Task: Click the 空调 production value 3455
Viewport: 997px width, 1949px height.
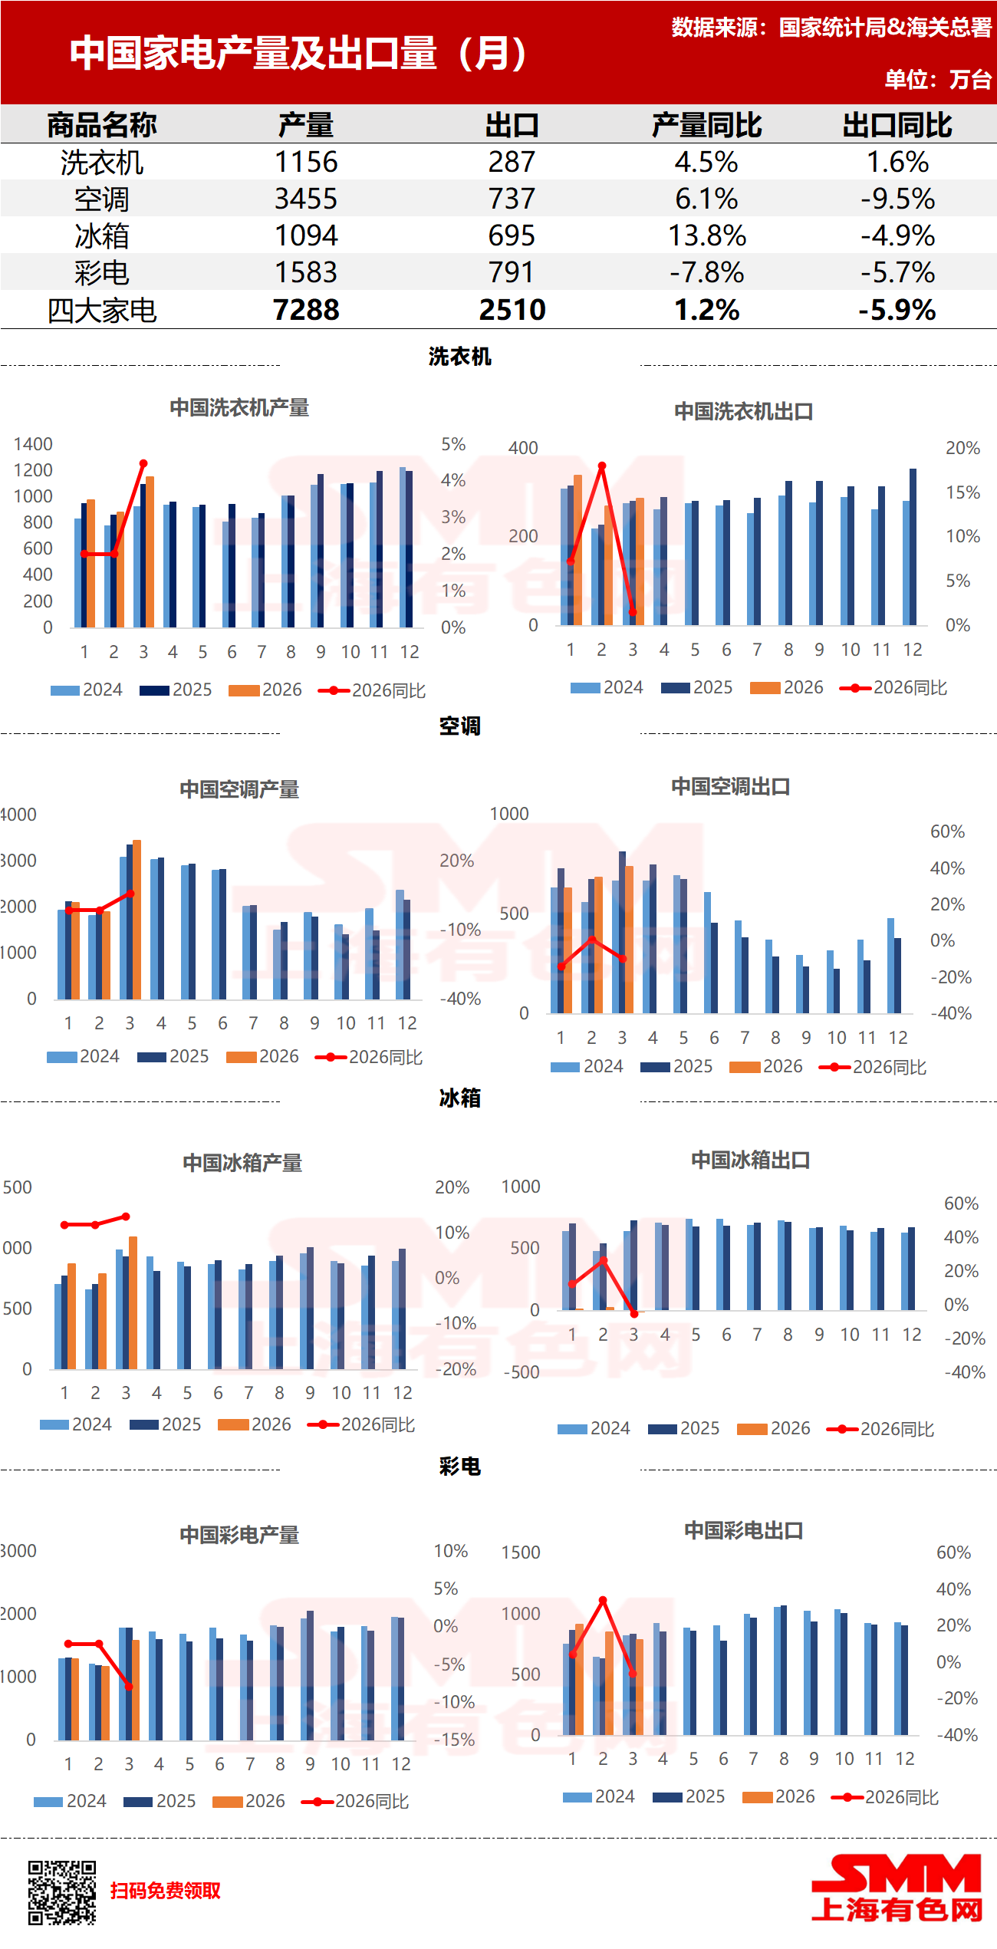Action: (306, 199)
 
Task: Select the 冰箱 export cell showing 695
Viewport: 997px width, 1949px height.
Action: (512, 235)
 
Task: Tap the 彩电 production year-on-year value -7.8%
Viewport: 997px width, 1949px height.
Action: (706, 272)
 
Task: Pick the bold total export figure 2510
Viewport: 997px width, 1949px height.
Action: (512, 310)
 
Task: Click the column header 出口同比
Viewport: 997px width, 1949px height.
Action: (897, 125)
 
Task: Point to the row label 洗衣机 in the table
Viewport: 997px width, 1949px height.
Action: (102, 162)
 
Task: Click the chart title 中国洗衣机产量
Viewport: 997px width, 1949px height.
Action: (239, 407)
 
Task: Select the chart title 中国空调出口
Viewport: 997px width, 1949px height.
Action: (730, 786)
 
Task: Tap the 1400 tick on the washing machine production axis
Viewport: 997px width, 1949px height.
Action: (33, 444)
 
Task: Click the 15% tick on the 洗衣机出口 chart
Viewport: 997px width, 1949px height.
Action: (962, 492)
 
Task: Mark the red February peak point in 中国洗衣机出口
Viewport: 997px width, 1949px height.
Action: (602, 466)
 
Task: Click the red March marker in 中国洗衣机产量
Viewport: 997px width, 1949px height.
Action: (143, 463)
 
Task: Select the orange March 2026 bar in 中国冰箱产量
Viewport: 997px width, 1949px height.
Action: (133, 1302)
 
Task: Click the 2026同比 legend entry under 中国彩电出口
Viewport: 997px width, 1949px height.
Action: (887, 1797)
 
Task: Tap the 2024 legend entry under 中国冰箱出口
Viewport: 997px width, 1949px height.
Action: (594, 1428)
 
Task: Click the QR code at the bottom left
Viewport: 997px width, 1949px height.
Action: (62, 1892)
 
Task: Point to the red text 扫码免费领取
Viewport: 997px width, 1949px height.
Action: (165, 1891)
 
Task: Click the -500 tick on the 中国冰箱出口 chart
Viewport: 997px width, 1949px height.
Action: (522, 1372)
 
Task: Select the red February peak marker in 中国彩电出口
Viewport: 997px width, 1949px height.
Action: (603, 1600)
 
